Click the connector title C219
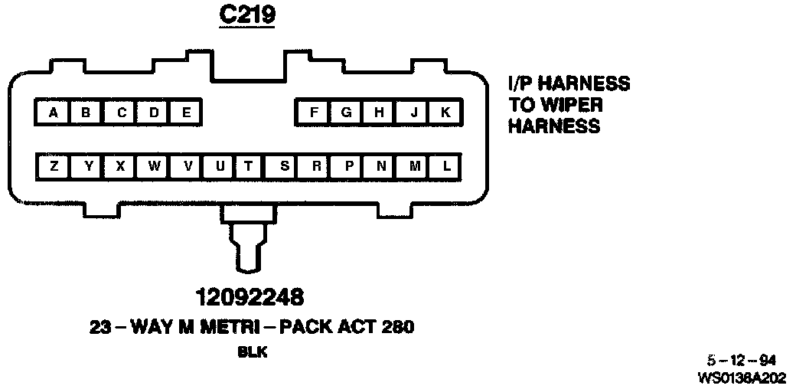point(246,16)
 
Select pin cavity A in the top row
point(53,113)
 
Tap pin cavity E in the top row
point(186,113)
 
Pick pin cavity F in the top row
point(314,113)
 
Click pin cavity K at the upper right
point(445,113)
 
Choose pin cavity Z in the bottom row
point(53,166)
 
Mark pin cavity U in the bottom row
point(220,166)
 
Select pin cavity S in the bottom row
point(285,166)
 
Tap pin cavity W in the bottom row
point(155,166)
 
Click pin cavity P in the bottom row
point(349,166)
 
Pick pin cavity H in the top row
point(379,113)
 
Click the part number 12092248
point(249,296)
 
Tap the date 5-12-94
point(742,360)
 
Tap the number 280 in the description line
point(397,327)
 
